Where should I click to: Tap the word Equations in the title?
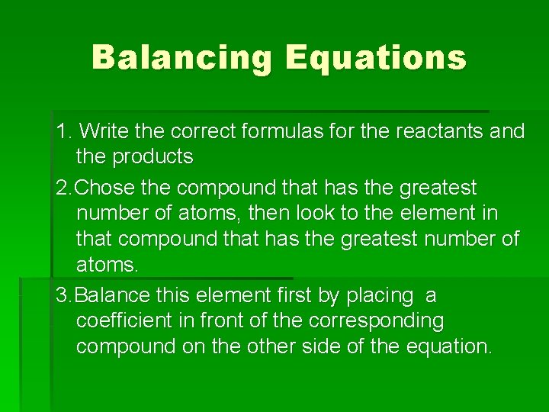[x=375, y=57]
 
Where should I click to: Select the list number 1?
[x=63, y=131]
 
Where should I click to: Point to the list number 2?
[x=63, y=187]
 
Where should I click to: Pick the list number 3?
[x=63, y=295]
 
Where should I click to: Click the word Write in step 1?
[x=104, y=131]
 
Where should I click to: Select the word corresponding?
[x=371, y=320]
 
